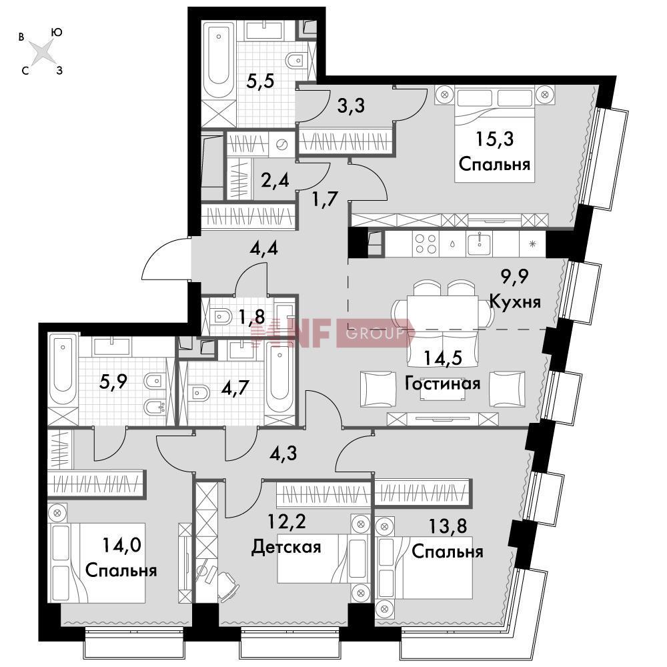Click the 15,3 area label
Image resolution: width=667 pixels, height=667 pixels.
coord(494,139)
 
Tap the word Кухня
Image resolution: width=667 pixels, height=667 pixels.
coord(515,301)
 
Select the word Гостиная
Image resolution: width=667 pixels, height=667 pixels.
coord(442,384)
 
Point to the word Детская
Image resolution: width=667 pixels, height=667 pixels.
coord(286,547)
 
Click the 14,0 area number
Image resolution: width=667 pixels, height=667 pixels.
coord(121,545)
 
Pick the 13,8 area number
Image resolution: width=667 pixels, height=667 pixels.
coord(448,526)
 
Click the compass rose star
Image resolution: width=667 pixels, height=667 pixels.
coord(42,52)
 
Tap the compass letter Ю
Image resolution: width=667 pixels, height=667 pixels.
coord(56,32)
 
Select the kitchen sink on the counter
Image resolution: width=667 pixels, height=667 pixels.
coord(480,243)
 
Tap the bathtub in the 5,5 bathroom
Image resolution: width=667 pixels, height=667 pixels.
coord(219,61)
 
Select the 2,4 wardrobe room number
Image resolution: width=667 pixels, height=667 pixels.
coord(275,180)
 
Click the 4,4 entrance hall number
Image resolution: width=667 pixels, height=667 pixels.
coord(263,248)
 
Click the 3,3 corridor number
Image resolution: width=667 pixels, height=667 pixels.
coord(351,105)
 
